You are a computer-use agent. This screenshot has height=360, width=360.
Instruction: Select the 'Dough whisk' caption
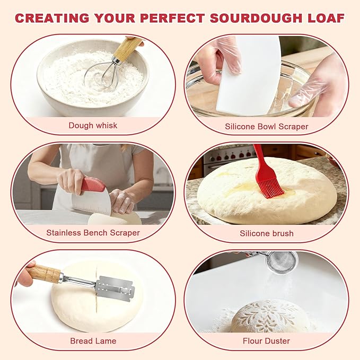[93, 126]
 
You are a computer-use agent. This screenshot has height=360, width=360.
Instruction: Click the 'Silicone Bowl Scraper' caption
[266, 127]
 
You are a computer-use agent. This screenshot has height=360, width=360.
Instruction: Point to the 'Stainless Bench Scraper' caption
[93, 233]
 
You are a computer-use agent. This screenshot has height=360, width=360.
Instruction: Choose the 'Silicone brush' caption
[266, 233]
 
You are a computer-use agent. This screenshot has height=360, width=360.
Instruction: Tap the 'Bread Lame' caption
[93, 341]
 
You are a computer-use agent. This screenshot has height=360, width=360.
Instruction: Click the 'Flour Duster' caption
[266, 341]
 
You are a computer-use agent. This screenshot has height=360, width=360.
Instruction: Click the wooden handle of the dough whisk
[127, 48]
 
